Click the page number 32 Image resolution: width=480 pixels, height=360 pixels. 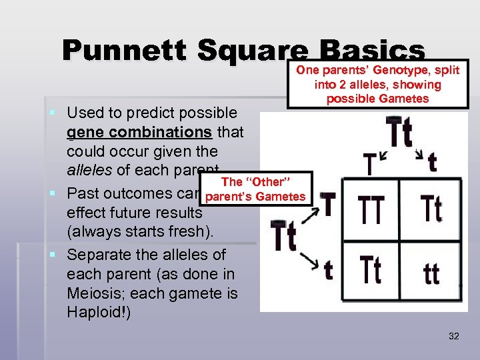[x=453, y=336]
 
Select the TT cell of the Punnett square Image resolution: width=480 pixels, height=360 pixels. [x=372, y=209]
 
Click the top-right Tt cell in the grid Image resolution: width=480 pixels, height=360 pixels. [x=431, y=209]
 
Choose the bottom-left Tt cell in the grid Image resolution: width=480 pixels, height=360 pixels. [x=372, y=269]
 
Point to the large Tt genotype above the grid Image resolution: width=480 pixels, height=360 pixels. [x=399, y=134]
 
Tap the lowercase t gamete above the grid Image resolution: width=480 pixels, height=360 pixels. [x=432, y=163]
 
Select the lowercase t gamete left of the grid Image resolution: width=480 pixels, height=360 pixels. [x=327, y=270]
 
